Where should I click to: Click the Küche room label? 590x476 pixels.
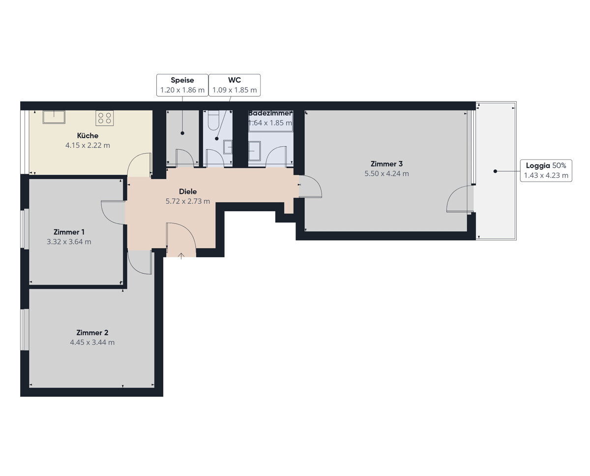pyautogui.click(x=88, y=135)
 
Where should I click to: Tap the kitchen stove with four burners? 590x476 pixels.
pyautogui.click(x=104, y=118)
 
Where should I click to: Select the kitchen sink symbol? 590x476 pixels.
pyautogui.click(x=54, y=117)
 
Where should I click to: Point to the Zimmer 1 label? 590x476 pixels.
pyautogui.click(x=69, y=232)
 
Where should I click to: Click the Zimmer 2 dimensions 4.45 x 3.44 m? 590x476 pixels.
pyautogui.click(x=92, y=342)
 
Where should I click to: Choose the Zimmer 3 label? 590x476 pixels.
pyautogui.click(x=386, y=164)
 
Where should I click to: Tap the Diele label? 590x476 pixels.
pyautogui.click(x=188, y=191)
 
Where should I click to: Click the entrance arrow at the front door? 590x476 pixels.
pyautogui.click(x=181, y=256)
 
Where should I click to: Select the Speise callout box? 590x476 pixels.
pyautogui.click(x=182, y=85)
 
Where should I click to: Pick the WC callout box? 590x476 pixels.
pyautogui.click(x=235, y=85)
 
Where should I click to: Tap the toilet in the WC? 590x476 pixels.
pyautogui.click(x=213, y=120)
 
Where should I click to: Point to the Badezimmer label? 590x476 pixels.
pyautogui.click(x=270, y=113)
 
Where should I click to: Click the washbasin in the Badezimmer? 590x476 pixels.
pyautogui.click(x=254, y=151)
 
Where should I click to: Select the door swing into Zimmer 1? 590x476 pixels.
pyautogui.click(x=113, y=213)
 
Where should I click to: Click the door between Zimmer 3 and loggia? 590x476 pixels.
pyautogui.click(x=460, y=199)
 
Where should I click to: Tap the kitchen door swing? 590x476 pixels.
pyautogui.click(x=139, y=165)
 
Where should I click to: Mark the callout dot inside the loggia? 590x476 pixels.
pyautogui.click(x=495, y=171)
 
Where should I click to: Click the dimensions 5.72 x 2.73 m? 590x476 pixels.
pyautogui.click(x=188, y=201)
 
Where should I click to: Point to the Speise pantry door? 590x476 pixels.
pyautogui.click(x=184, y=158)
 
